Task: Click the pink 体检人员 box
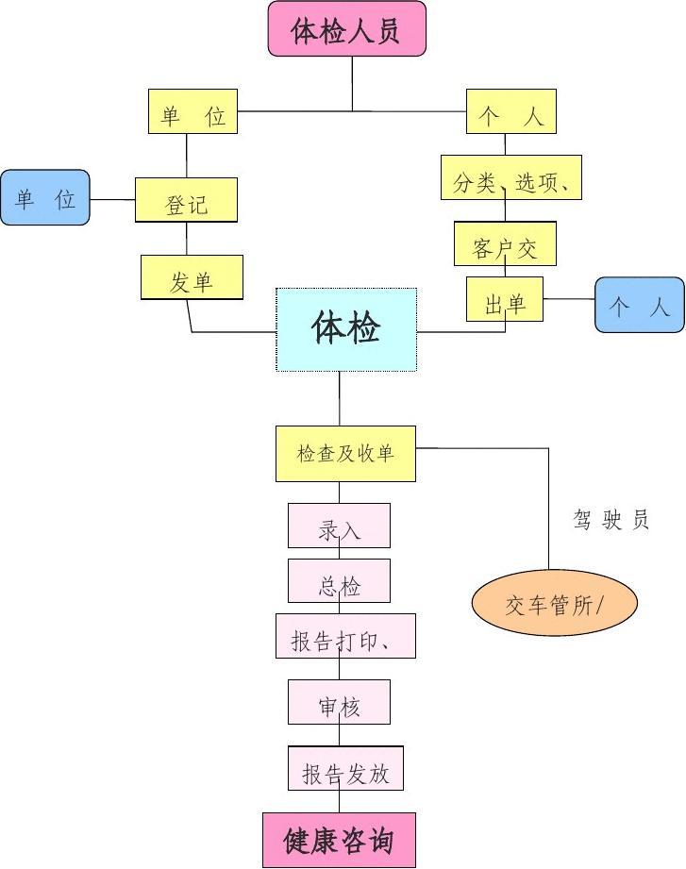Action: click(x=347, y=29)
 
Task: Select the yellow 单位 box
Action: click(x=192, y=111)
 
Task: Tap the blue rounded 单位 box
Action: click(x=45, y=197)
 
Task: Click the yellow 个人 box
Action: click(x=511, y=111)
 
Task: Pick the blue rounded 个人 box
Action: click(x=639, y=305)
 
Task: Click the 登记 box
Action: click(x=186, y=200)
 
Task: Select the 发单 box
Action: click(x=192, y=277)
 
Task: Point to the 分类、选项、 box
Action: click(x=510, y=177)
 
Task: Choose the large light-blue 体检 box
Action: click(x=346, y=329)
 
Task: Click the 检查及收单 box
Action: click(x=345, y=454)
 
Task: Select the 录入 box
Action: click(x=339, y=526)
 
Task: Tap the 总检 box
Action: click(x=339, y=581)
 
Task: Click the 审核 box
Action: click(x=339, y=702)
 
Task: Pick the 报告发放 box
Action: click(x=345, y=768)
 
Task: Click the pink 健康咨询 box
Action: click(x=339, y=840)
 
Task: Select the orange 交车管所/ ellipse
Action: click(x=554, y=602)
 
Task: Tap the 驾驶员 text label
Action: click(x=611, y=519)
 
